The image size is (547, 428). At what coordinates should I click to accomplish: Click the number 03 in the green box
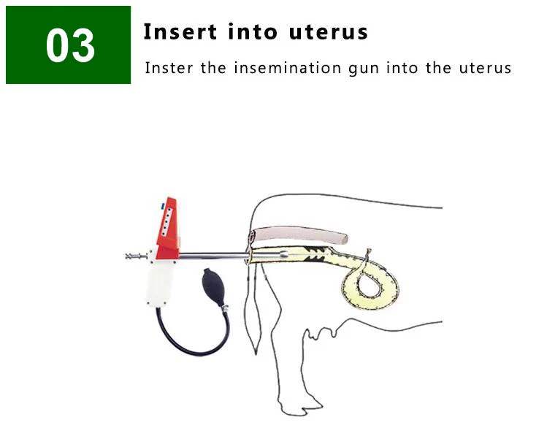(70, 46)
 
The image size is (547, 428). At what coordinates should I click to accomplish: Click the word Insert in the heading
(180, 31)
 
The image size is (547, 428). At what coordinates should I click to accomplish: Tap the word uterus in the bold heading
(328, 32)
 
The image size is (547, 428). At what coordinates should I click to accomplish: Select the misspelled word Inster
(169, 68)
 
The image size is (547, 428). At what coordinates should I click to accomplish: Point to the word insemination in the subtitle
(288, 68)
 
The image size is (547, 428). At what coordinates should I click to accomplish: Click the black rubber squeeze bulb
(213, 287)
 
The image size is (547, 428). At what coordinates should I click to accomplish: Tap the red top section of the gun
(168, 229)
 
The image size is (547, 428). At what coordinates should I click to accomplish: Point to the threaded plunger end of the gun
(136, 256)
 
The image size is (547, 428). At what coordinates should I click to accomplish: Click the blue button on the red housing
(162, 207)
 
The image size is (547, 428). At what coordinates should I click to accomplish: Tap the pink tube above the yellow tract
(300, 234)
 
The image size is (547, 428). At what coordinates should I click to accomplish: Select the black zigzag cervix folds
(315, 254)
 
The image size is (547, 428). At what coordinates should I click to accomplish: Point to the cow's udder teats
(321, 334)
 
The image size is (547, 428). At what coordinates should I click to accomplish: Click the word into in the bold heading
(253, 31)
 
